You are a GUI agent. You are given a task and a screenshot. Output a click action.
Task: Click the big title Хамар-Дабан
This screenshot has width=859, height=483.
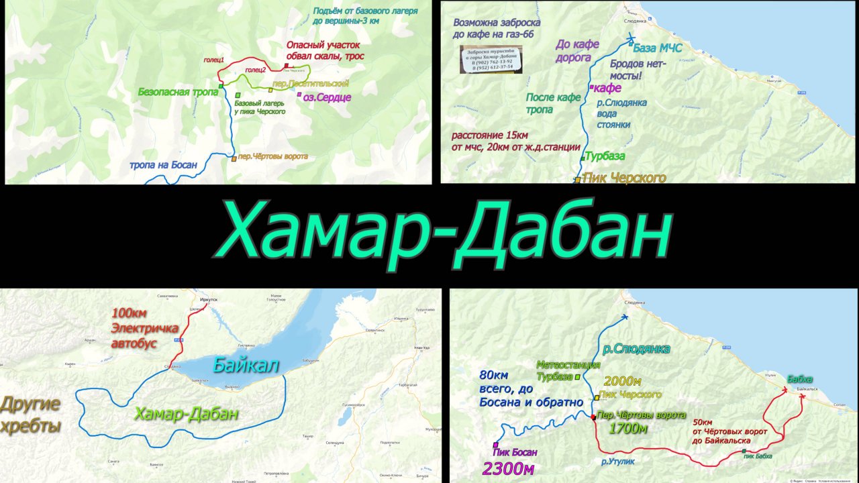[x=443, y=235]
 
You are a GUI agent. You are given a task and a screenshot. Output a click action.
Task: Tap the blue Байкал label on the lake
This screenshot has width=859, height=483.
[x=246, y=366]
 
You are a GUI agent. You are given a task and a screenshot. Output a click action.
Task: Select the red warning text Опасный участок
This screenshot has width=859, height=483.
[x=319, y=45]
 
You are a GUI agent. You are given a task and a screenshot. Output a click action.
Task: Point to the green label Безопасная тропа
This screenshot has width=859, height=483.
[x=178, y=93]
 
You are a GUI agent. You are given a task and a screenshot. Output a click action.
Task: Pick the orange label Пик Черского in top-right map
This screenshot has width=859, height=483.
[x=624, y=178]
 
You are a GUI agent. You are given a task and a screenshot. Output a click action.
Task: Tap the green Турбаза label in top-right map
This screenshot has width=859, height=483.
[x=605, y=156]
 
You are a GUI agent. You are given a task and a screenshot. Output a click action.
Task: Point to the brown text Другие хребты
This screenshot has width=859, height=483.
[x=31, y=415]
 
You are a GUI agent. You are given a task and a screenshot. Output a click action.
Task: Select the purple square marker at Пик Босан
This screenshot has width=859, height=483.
[x=495, y=445]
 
